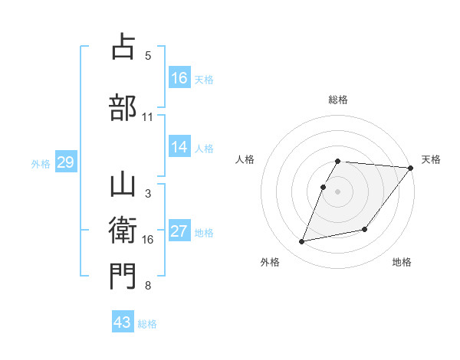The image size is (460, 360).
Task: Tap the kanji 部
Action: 123,107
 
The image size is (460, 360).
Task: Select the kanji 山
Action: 123,185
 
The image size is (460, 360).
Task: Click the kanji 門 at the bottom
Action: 123,277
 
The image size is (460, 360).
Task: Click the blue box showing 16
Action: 179,78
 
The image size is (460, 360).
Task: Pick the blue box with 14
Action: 179,147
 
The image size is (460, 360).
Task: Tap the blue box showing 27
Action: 179,231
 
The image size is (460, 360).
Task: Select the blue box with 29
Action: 65,162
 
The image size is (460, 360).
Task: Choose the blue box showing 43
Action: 123,322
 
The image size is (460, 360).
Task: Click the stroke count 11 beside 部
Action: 147,117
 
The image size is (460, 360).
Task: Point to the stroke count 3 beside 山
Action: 147,194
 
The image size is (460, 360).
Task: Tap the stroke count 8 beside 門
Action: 147,286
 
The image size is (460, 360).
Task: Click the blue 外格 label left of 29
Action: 41,163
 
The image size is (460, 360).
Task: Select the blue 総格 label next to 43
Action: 147,323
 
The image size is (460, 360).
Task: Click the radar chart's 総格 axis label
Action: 338,100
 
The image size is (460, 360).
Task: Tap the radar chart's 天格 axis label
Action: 431,159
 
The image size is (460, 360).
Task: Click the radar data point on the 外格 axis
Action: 302,241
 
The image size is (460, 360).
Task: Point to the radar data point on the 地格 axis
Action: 365,229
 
